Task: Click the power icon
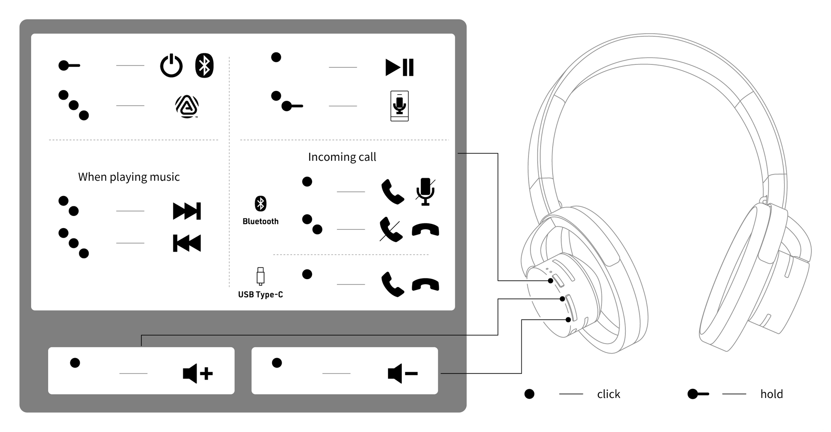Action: tap(171, 66)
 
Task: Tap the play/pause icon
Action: tap(399, 67)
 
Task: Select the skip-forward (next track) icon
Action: tap(187, 211)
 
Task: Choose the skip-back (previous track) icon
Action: tap(187, 243)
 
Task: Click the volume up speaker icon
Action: tap(198, 373)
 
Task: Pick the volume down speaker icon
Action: tap(402, 373)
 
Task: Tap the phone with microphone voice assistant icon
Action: tap(399, 106)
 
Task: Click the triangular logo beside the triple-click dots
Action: tap(187, 106)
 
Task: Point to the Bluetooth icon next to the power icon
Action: tap(204, 66)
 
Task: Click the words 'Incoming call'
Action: tap(342, 157)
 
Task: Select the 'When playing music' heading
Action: tap(129, 177)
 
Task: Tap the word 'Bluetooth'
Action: tap(261, 221)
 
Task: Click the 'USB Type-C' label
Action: tap(261, 295)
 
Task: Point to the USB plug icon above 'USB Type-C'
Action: tap(261, 276)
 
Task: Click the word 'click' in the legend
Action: tap(608, 394)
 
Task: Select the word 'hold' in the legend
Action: tap(771, 394)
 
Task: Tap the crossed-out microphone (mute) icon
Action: tap(425, 191)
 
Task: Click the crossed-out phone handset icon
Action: tap(391, 229)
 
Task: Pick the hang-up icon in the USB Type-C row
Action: tap(425, 285)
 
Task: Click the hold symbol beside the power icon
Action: tap(69, 66)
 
